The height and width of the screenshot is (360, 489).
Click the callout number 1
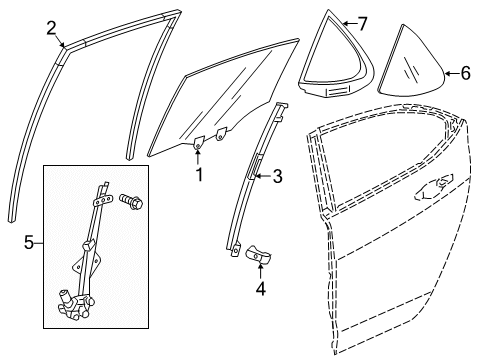click(x=198, y=176)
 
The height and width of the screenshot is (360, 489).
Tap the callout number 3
click(x=278, y=177)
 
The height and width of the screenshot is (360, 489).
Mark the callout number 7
click(x=363, y=21)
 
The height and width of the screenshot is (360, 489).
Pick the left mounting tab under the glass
click(x=198, y=145)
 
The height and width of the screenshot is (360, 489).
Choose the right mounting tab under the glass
click(x=222, y=135)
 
